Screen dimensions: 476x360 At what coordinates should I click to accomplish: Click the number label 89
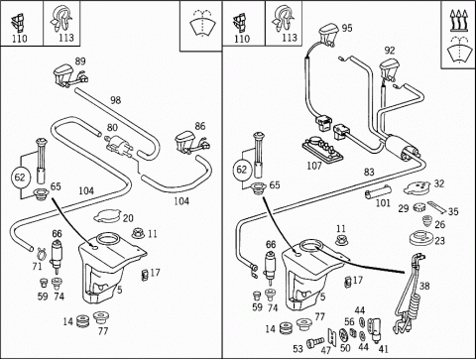pyautogui.click(x=80, y=61)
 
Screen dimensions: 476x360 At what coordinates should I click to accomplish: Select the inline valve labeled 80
pyautogui.click(x=118, y=146)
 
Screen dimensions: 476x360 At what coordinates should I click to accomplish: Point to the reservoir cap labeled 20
pyautogui.click(x=107, y=216)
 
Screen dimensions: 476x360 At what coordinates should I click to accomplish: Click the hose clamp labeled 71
pyautogui.click(x=42, y=253)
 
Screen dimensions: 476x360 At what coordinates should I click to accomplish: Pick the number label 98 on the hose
pyautogui.click(x=116, y=100)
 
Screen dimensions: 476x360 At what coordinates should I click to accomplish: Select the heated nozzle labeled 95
pyautogui.click(x=328, y=34)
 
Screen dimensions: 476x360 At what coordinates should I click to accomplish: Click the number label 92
pyautogui.click(x=390, y=51)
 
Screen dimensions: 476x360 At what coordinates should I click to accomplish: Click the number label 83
pyautogui.click(x=369, y=172)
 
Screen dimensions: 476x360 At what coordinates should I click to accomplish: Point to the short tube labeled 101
pyautogui.click(x=378, y=192)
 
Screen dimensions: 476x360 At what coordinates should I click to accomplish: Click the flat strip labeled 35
pyautogui.click(x=436, y=207)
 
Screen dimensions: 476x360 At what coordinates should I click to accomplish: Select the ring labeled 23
pyautogui.click(x=420, y=238)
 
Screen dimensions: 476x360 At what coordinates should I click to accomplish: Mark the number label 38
pyautogui.click(x=424, y=286)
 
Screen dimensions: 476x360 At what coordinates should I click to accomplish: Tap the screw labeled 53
pyautogui.click(x=315, y=343)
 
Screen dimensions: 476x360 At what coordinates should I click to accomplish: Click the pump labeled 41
pyautogui.click(x=375, y=330)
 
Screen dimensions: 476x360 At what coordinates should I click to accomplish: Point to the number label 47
pyautogui.click(x=326, y=350)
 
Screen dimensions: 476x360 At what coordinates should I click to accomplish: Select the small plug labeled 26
pyautogui.click(x=427, y=221)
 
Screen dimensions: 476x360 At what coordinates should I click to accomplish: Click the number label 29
pyautogui.click(x=404, y=208)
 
